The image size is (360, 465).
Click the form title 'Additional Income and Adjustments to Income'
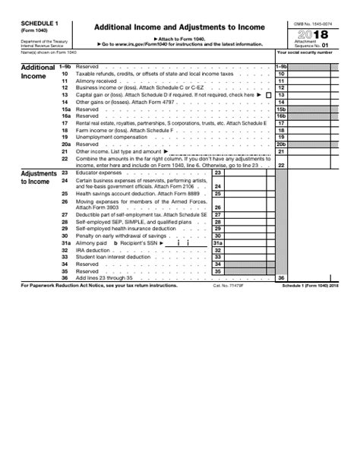click(179, 27)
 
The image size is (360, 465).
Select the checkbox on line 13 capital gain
click(269, 94)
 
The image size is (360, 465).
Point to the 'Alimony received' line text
click(96, 80)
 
